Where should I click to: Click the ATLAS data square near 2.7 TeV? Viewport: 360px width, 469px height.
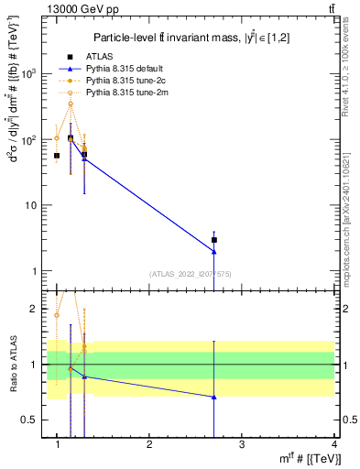(213, 240)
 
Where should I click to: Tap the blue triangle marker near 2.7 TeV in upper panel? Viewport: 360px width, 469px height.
(213, 251)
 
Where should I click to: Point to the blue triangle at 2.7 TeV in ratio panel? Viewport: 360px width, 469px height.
(213, 397)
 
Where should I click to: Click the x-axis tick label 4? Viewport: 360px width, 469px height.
(334, 444)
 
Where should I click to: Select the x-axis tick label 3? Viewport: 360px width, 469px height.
(242, 444)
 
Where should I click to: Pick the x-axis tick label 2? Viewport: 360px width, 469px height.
(149, 444)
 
